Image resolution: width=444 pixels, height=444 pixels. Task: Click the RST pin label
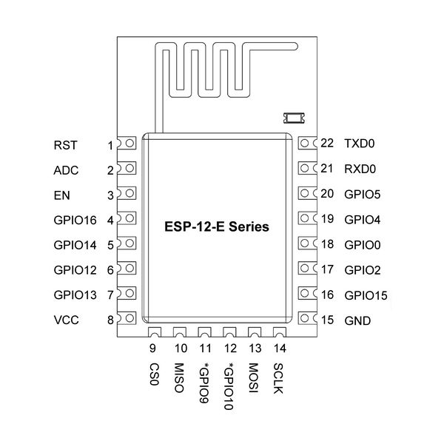pyautogui.click(x=65, y=145)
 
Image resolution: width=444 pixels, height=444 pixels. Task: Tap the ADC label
pyautogui.click(x=66, y=170)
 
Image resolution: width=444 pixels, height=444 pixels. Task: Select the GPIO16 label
pyautogui.click(x=75, y=220)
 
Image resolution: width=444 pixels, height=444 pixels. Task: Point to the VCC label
pyautogui.click(x=66, y=320)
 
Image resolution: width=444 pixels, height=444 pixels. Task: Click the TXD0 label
pyautogui.click(x=360, y=144)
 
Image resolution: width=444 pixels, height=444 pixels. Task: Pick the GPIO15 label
pyautogui.click(x=366, y=295)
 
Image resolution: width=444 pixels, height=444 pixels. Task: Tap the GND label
pyautogui.click(x=358, y=320)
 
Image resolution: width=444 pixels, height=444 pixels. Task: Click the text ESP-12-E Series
pyautogui.click(x=216, y=226)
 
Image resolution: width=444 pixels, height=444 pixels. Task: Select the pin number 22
pyautogui.click(x=328, y=144)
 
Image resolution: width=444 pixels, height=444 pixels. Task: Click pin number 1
pyautogui.click(x=110, y=145)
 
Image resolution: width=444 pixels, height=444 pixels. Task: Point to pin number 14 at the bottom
pyautogui.click(x=278, y=348)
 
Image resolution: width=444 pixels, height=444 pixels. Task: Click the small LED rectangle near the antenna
pyautogui.click(x=295, y=115)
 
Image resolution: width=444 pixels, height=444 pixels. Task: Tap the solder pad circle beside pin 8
pyautogui.click(x=129, y=318)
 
